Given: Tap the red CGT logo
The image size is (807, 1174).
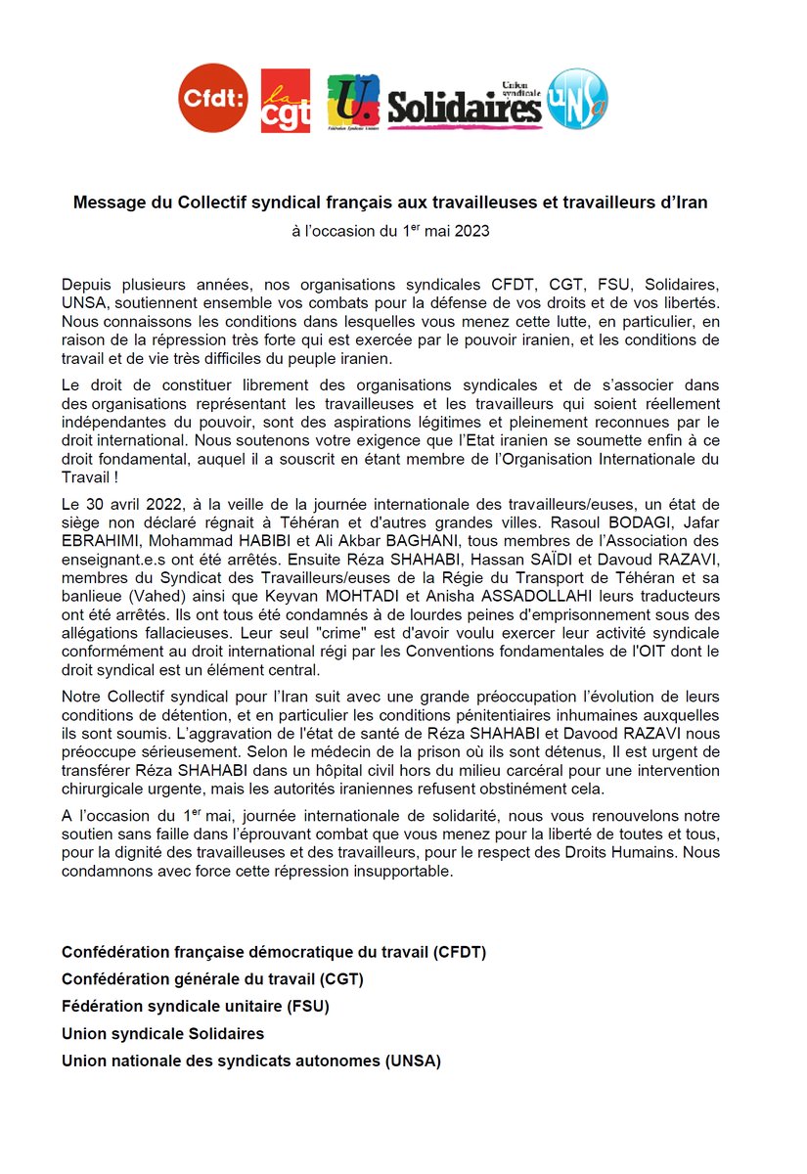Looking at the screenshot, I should click(x=286, y=101).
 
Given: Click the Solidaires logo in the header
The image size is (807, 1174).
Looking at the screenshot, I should click(x=465, y=106).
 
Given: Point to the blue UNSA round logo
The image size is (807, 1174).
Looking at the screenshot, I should click(x=576, y=98).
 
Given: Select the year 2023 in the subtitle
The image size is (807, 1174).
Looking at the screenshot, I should click(x=470, y=232).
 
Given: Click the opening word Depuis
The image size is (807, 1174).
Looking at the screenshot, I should click(x=85, y=284).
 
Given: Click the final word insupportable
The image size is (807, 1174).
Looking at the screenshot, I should click(x=403, y=873).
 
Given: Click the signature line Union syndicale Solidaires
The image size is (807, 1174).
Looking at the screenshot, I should click(x=162, y=1033).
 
